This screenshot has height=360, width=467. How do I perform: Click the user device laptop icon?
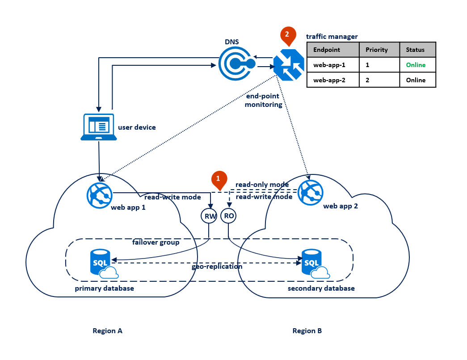(99, 127)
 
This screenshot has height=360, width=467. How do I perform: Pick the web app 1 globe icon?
(99, 194)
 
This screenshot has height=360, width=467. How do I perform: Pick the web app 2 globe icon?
(312, 192)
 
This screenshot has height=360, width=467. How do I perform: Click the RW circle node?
(209, 216)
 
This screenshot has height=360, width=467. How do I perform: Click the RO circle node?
(228, 216)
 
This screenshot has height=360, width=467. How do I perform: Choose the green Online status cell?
(416, 65)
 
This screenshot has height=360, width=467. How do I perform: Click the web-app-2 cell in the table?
(329, 80)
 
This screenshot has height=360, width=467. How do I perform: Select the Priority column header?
(376, 50)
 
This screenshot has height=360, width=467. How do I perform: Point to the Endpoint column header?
(327, 50)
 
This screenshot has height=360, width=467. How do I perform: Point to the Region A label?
(107, 331)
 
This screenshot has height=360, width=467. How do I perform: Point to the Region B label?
(307, 331)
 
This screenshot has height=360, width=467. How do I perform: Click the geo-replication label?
(217, 267)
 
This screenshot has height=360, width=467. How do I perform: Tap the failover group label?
(156, 242)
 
